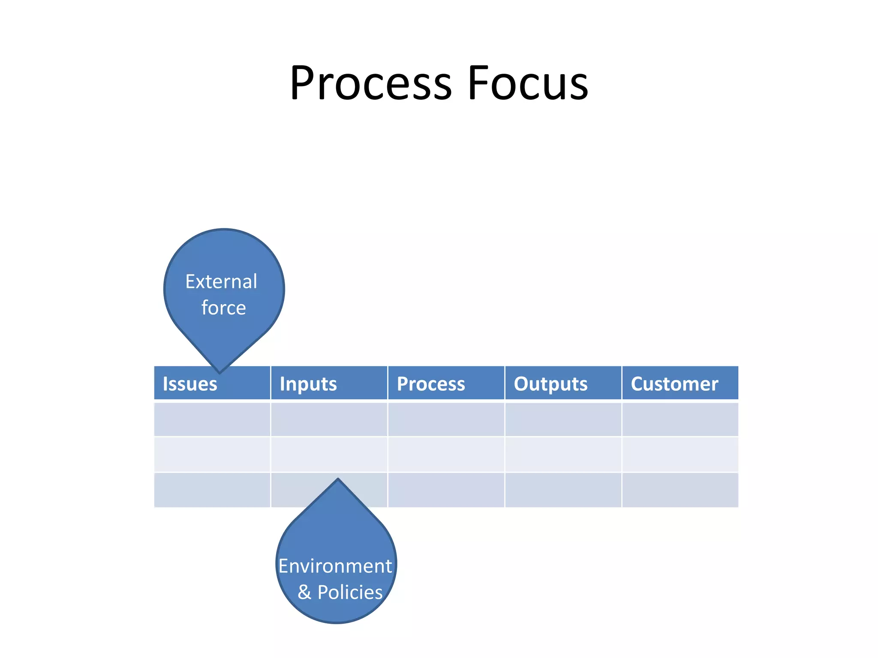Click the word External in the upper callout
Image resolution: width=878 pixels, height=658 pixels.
pos(221,282)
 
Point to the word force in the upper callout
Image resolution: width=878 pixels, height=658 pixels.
pos(223,308)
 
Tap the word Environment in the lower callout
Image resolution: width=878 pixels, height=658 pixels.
pos(335,566)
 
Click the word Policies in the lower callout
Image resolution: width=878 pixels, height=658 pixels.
pos(350,592)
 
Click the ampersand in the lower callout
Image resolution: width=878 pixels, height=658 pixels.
pos(304,592)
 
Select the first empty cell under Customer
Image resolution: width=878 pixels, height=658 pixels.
pos(680,419)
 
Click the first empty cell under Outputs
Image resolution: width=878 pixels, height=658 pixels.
pos(563,419)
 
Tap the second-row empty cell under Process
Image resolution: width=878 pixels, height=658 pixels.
pos(446,455)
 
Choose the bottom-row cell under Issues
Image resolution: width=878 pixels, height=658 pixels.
pos(212,490)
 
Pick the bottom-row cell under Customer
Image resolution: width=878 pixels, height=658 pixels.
pos(680,490)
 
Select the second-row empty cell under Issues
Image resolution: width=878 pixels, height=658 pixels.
pos(212,455)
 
